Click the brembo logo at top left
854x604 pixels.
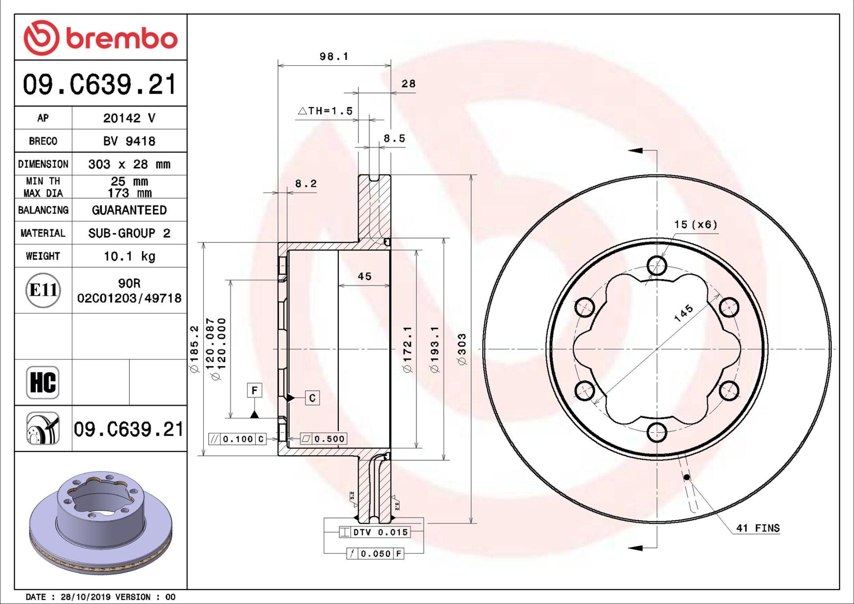click(x=101, y=38)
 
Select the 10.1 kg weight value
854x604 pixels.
click(x=129, y=256)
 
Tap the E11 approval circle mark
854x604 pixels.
click(x=43, y=290)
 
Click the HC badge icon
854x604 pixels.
click(x=43, y=382)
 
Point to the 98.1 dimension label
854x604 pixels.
click(x=334, y=57)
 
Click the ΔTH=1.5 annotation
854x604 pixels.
click(x=326, y=111)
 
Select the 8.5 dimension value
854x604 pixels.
click(x=394, y=139)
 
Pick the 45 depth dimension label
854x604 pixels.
click(x=364, y=276)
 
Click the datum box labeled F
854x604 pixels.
click(x=254, y=390)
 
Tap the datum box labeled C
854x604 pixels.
click(x=312, y=398)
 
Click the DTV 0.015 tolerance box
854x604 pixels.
click(x=375, y=532)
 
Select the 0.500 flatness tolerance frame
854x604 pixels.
click(x=324, y=439)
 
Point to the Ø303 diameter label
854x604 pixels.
click(x=462, y=349)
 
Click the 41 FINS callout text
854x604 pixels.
click(x=757, y=528)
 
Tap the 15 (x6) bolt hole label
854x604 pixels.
click(x=696, y=225)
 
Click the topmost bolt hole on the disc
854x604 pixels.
click(x=657, y=266)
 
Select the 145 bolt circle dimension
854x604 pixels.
click(x=684, y=313)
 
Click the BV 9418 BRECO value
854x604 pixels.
click(x=129, y=141)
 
